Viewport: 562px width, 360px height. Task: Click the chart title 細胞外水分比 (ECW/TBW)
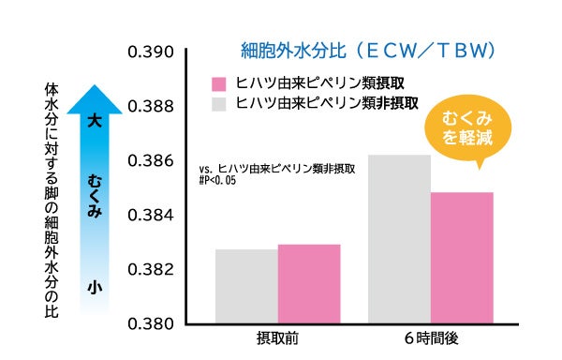click(x=367, y=48)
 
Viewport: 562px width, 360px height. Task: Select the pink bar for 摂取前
click(x=308, y=284)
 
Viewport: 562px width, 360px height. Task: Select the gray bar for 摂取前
click(x=246, y=287)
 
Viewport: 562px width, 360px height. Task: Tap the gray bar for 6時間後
click(x=399, y=240)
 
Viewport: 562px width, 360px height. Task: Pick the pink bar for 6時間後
click(x=462, y=258)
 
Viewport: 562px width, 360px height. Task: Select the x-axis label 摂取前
click(x=277, y=338)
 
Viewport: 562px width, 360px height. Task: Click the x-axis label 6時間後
click(x=431, y=338)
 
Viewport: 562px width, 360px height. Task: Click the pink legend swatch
click(x=221, y=83)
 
